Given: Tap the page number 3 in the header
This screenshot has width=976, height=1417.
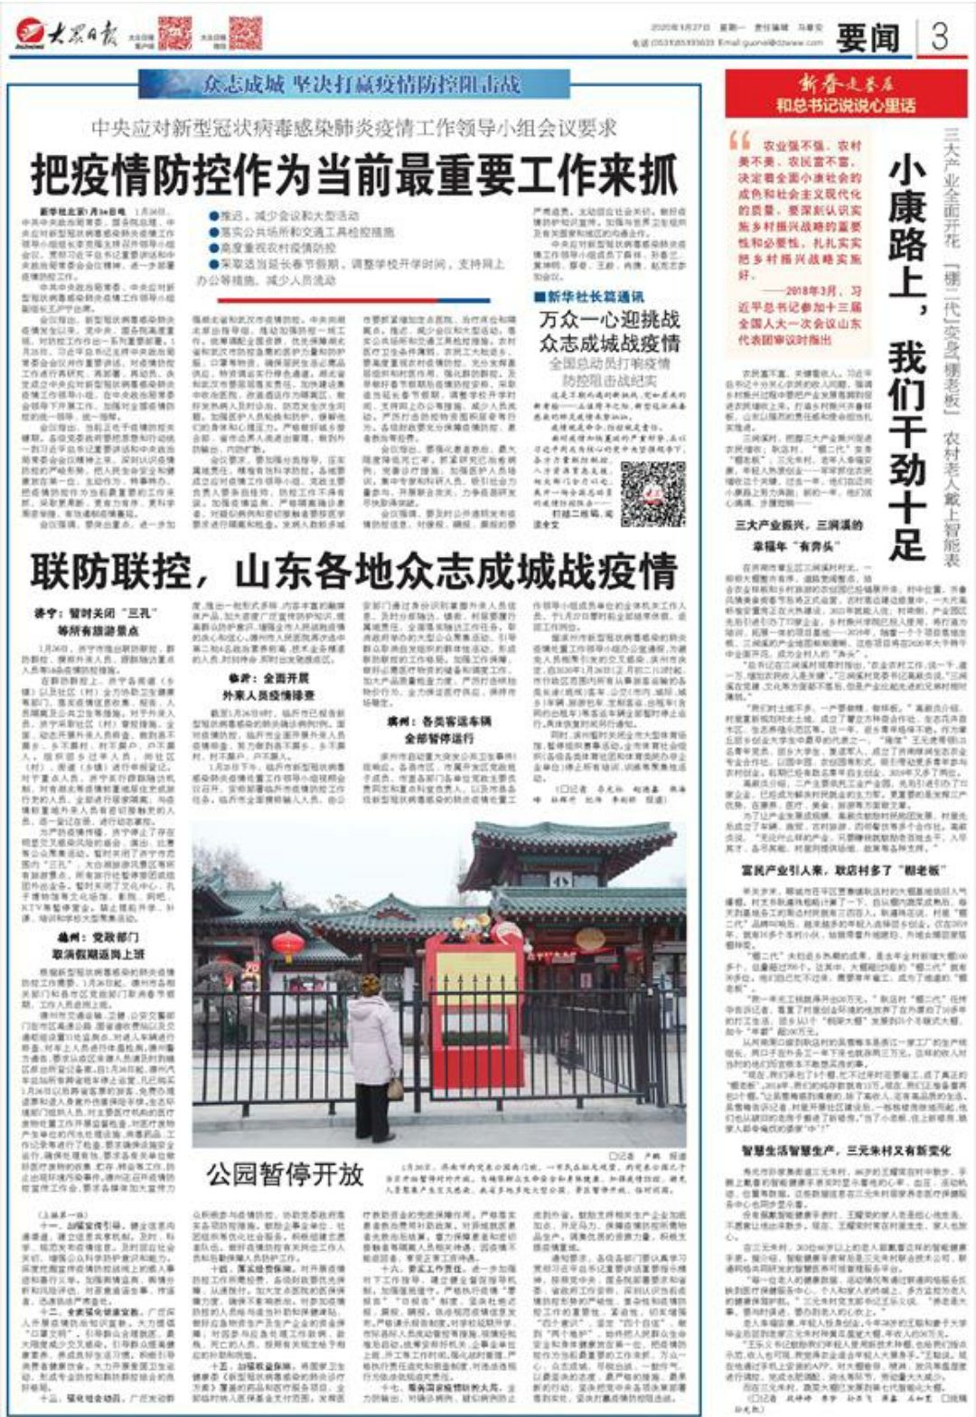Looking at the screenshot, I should pyautogui.click(x=940, y=37).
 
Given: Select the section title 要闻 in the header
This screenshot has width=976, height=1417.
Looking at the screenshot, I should pyautogui.click(x=868, y=38).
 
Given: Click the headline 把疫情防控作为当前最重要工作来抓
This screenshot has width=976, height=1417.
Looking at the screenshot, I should pyautogui.click(x=354, y=175).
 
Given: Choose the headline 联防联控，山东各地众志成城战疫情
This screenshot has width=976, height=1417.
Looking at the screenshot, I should pyautogui.click(x=354, y=572).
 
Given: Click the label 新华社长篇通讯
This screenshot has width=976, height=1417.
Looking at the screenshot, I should pyautogui.click(x=589, y=297).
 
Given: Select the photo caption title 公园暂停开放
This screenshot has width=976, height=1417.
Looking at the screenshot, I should pyautogui.click(x=285, y=1175).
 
